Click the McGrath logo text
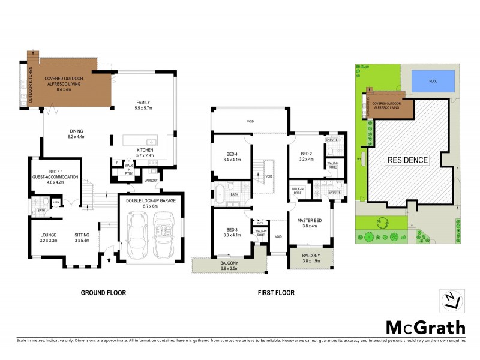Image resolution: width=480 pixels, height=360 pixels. coord(424,328)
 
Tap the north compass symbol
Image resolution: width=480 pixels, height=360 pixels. coord(452,301)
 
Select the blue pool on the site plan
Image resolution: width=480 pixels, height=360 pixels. coord(433,82)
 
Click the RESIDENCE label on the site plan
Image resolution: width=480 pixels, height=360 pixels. coord(407,160)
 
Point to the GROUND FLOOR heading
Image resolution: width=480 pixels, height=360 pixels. coord(103,293)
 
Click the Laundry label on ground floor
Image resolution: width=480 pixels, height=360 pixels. coord(151,181)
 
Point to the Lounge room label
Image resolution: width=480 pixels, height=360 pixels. coord(47,236)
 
